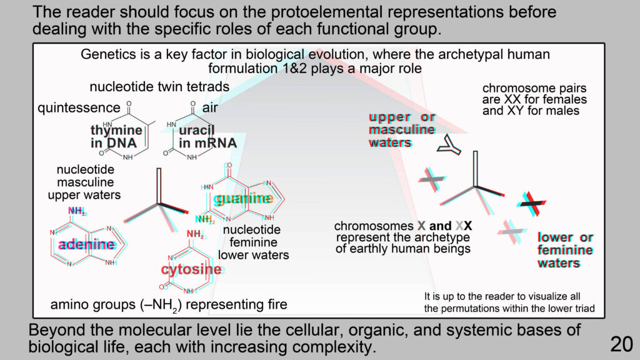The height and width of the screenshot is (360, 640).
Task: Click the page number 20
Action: pos(621,344)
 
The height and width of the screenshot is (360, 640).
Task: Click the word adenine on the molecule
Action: pos(87,244)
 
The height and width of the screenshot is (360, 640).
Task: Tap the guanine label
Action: pos(243,199)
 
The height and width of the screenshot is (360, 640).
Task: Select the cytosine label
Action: pos(191,269)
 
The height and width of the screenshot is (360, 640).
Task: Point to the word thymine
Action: pos(116,130)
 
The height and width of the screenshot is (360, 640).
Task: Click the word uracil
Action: pos(196,130)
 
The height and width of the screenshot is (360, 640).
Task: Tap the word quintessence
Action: pos(79,107)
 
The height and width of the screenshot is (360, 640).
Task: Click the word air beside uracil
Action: pos(210,107)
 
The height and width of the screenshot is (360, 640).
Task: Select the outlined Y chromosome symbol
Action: pos(449,146)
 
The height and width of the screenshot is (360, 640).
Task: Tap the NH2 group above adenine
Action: pos(77,211)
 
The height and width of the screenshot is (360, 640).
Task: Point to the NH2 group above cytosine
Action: pos(196,234)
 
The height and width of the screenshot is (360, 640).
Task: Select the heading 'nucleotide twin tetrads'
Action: pos(159,87)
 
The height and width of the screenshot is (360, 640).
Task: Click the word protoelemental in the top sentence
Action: pos(326,12)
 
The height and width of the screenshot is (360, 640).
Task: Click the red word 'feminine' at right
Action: pos(565,250)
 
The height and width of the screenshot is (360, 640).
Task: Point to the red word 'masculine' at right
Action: pos(402,130)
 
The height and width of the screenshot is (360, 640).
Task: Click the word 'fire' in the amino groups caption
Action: pos(277,304)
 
